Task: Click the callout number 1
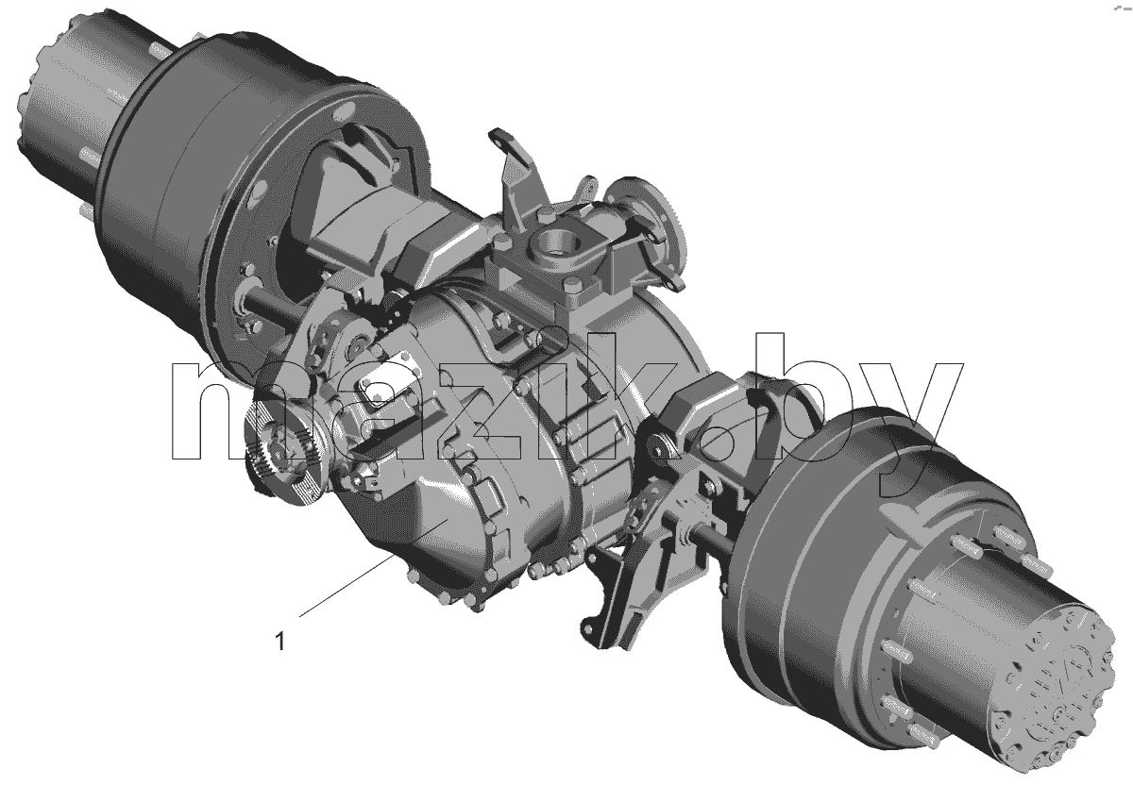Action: (279, 642)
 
